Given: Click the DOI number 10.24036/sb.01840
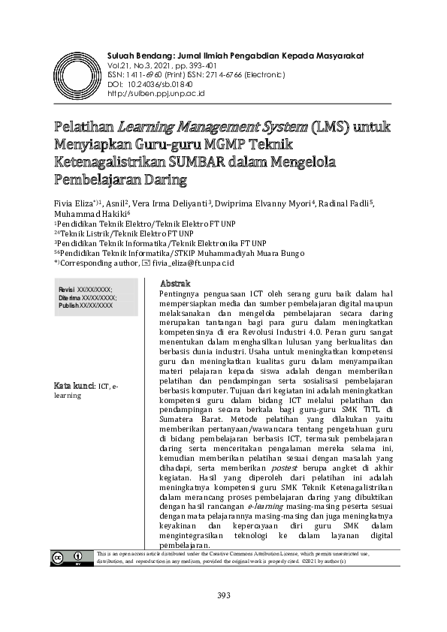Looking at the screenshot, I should (162, 84).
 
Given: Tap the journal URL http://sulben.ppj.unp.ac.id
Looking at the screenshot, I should (157, 93).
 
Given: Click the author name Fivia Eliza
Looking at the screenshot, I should (73, 203).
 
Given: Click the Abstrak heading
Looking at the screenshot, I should (176, 283).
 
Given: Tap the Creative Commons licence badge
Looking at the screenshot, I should (68, 557).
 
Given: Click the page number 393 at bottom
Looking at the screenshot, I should (223, 596).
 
